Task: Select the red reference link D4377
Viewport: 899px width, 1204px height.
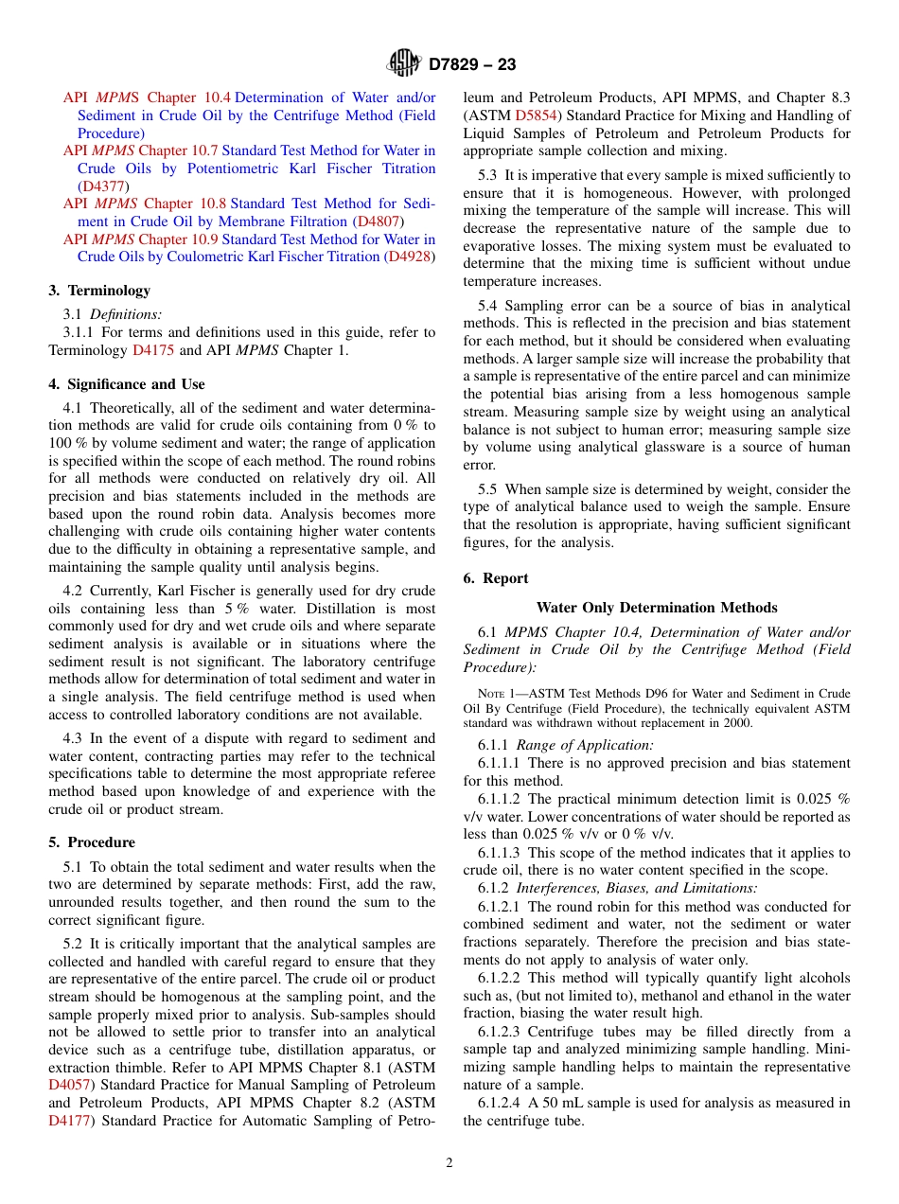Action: click(102, 186)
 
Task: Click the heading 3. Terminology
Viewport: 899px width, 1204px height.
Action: click(99, 291)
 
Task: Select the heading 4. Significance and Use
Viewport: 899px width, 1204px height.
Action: click(127, 384)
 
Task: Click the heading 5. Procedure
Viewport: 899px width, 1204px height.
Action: click(92, 842)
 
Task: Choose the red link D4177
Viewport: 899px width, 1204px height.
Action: click(70, 1121)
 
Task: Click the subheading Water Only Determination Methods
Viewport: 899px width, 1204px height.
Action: click(657, 608)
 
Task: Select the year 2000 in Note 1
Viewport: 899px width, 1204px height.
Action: click(738, 723)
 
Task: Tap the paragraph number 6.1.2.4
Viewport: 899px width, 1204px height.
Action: click(502, 1103)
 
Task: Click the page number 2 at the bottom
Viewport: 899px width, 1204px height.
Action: click(449, 1163)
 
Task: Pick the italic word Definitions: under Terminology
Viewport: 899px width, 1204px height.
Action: click(126, 314)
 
